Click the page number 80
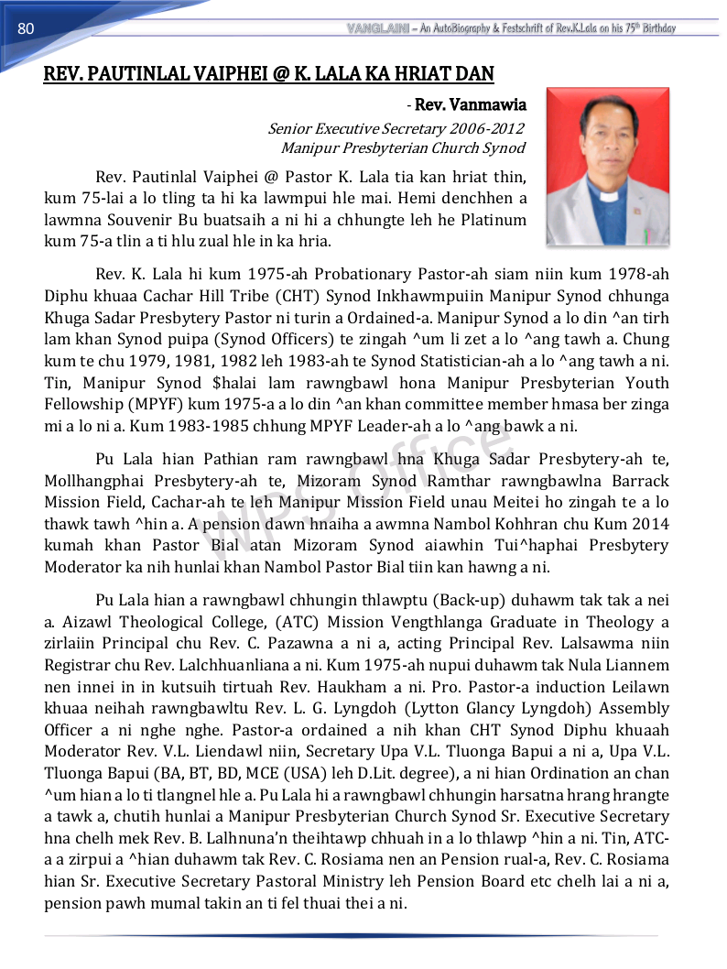click(x=26, y=28)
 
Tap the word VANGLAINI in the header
click(x=377, y=28)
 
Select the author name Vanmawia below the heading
click(x=494, y=106)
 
